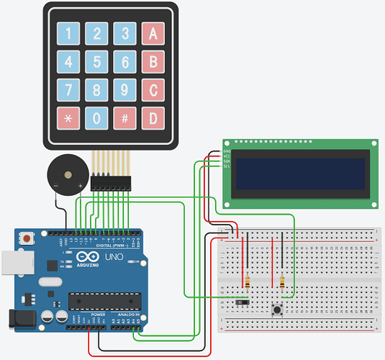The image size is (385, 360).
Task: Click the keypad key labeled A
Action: pos(153,33)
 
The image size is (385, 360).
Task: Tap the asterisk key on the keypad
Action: pos(69,118)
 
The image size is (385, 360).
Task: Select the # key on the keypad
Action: pos(125,118)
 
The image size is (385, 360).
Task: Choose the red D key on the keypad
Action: pos(153,118)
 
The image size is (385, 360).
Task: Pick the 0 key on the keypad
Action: pos(97,118)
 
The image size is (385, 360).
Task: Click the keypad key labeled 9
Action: pos(125,89)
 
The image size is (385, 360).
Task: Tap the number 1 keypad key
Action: pos(69,33)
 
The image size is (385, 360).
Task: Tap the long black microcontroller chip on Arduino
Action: pos(102,302)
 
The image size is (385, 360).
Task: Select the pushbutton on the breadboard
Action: pos(276,310)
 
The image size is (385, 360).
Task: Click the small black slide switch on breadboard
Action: pos(243,301)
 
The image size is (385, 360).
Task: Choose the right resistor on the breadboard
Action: pos(282,282)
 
